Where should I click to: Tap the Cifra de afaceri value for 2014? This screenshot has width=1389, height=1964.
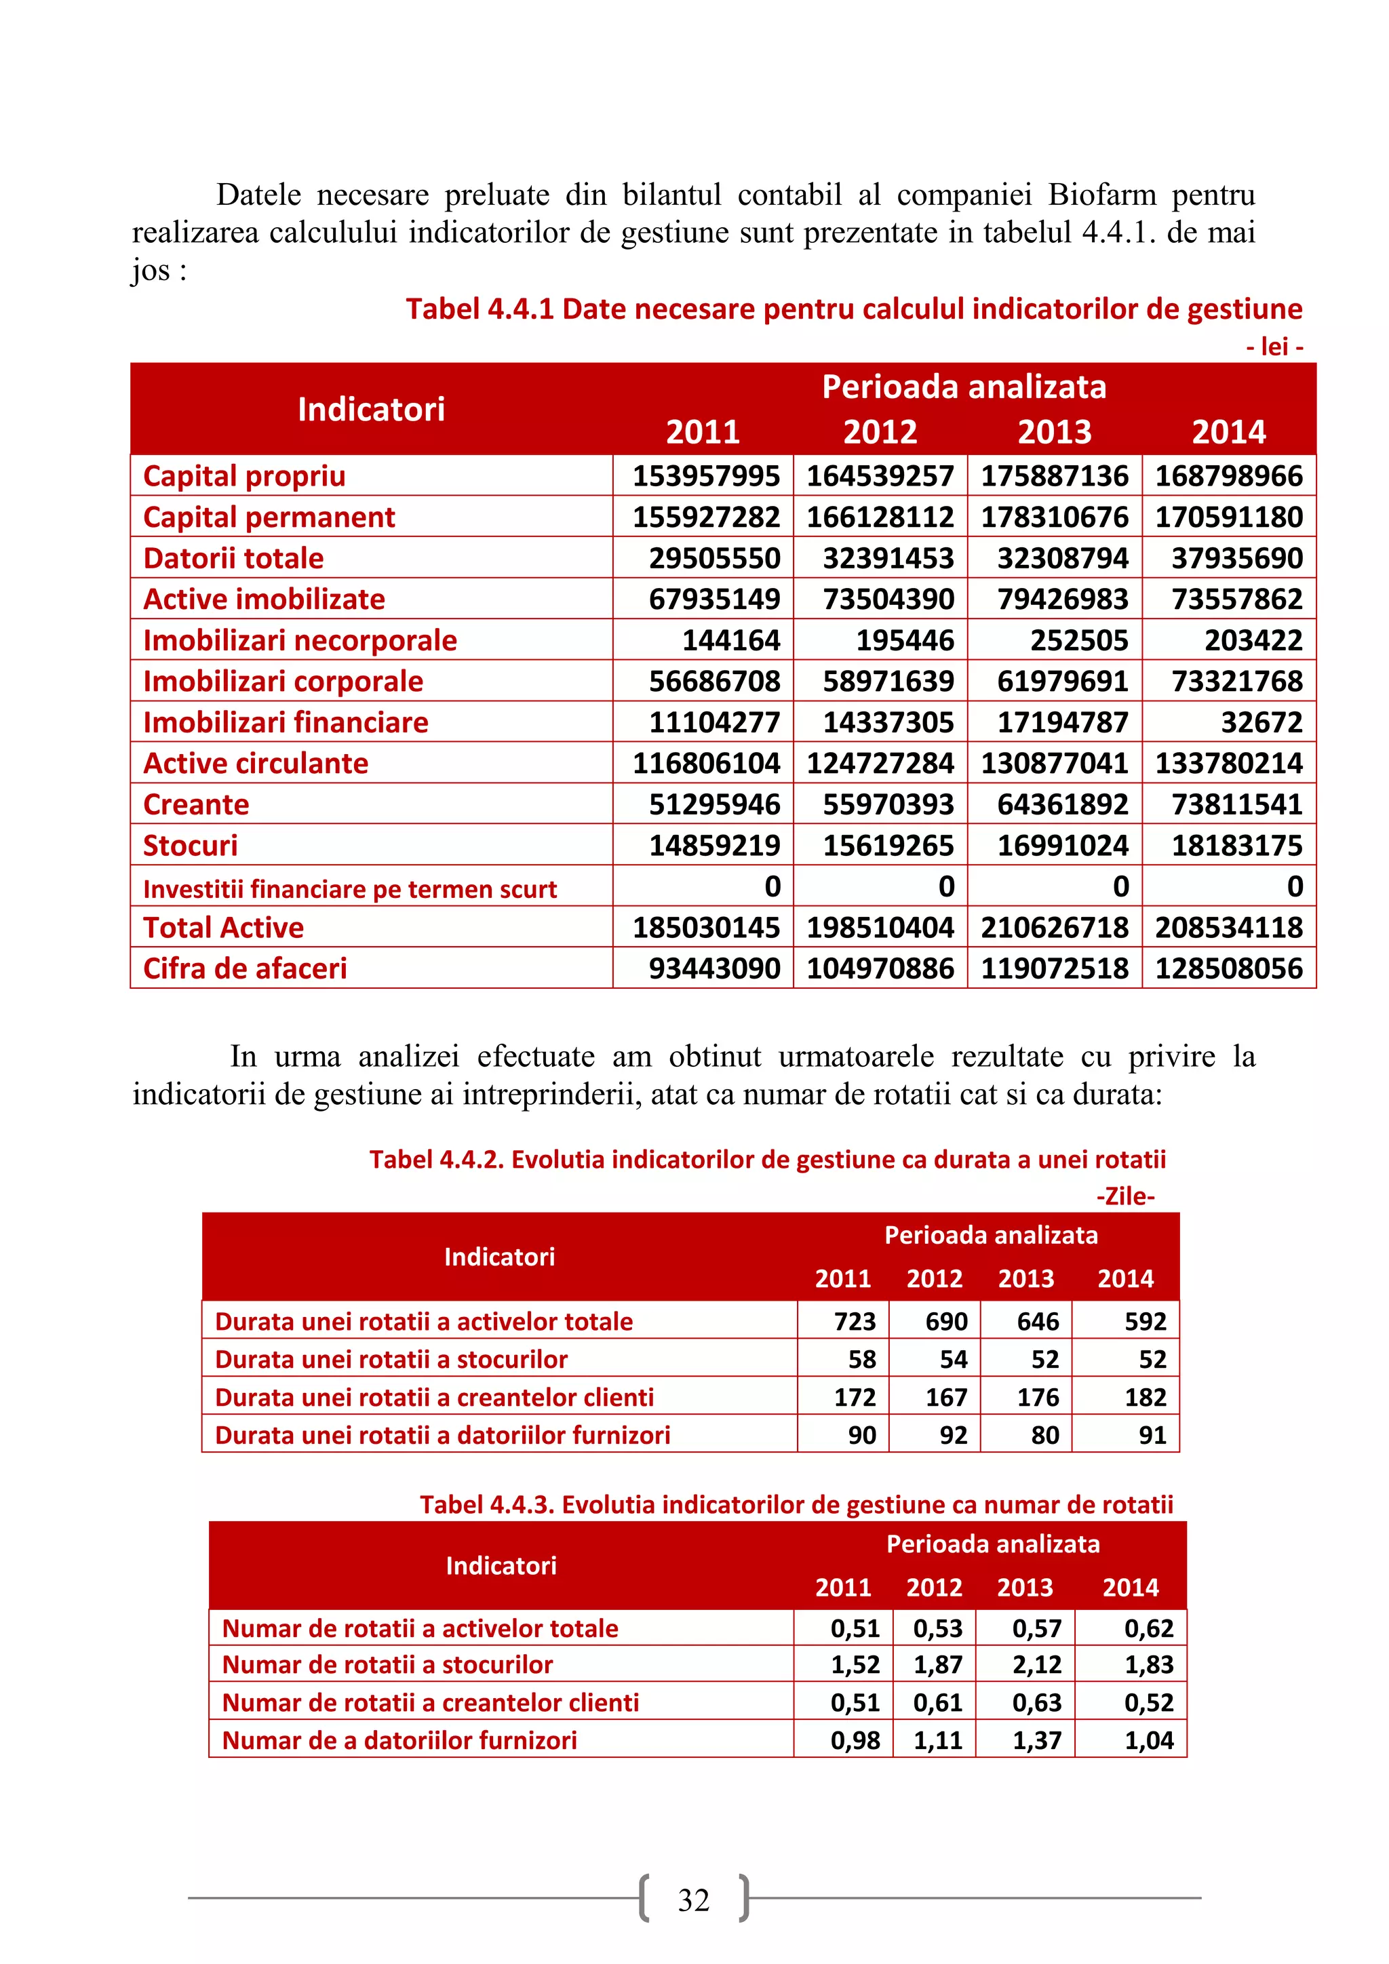coord(1228,968)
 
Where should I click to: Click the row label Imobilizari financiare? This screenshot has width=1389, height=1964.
coord(286,722)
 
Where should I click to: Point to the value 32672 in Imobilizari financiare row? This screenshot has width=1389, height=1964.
coord(1261,722)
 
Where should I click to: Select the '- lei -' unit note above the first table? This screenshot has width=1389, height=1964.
coord(1274,347)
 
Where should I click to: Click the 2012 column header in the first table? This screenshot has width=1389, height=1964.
coord(880,431)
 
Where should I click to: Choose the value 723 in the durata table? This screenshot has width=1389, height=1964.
coord(855,1322)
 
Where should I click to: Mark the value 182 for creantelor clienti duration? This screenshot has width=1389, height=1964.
coord(1146,1397)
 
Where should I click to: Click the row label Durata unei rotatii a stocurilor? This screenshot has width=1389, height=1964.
coord(391,1359)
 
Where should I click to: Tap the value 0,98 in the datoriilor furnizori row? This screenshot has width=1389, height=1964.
coord(855,1740)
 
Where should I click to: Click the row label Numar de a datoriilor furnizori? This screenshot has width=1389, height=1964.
coord(399,1740)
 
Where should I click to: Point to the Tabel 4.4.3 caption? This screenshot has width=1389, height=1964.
coord(796,1505)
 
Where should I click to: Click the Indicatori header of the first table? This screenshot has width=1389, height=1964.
coord(371,409)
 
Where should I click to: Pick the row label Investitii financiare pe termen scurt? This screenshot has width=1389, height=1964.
coord(350,889)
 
